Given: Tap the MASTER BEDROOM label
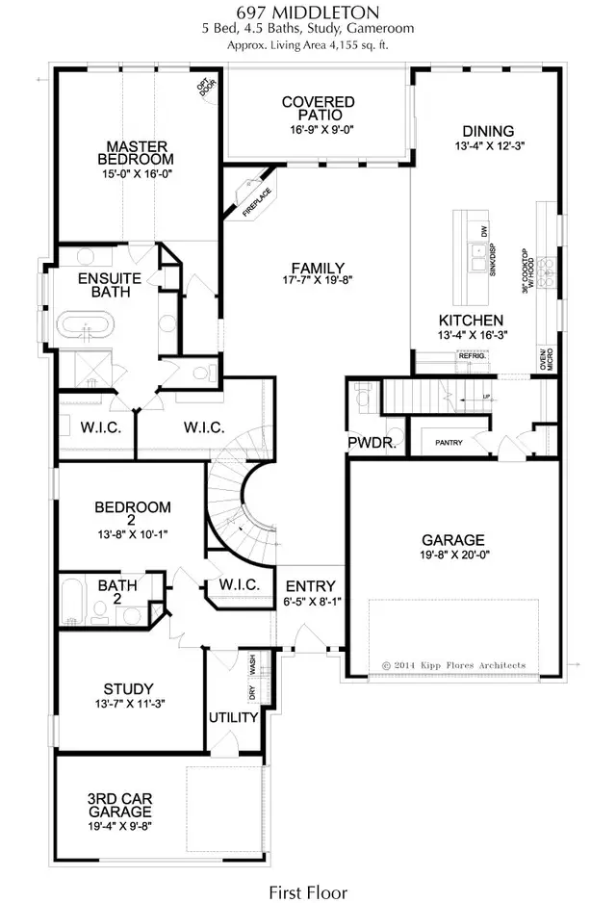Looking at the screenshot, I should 140,151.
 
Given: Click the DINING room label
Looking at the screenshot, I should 488,131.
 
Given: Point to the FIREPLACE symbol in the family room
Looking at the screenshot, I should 252,193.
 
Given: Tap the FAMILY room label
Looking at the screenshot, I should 319,268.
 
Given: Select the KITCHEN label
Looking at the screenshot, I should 471,321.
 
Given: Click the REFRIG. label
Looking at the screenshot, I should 473,356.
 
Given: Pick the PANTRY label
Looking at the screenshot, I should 449,443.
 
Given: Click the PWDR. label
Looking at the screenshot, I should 367,442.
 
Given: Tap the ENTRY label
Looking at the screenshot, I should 310,585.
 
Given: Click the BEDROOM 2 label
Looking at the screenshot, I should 133,507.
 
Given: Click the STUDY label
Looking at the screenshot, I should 128,688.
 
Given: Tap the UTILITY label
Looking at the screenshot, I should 234,717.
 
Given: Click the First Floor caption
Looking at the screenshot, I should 308,891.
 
